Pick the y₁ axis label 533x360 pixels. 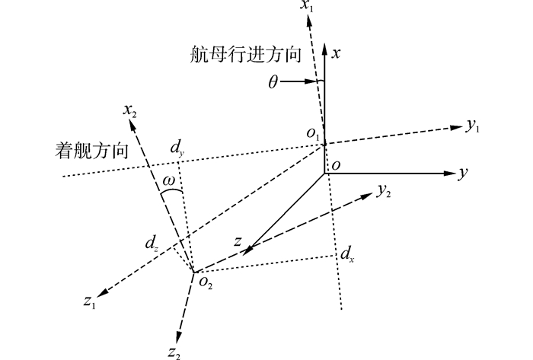(473, 126)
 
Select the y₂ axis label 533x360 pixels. (385, 193)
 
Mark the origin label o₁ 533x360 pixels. (313, 134)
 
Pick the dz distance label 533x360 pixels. (152, 245)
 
